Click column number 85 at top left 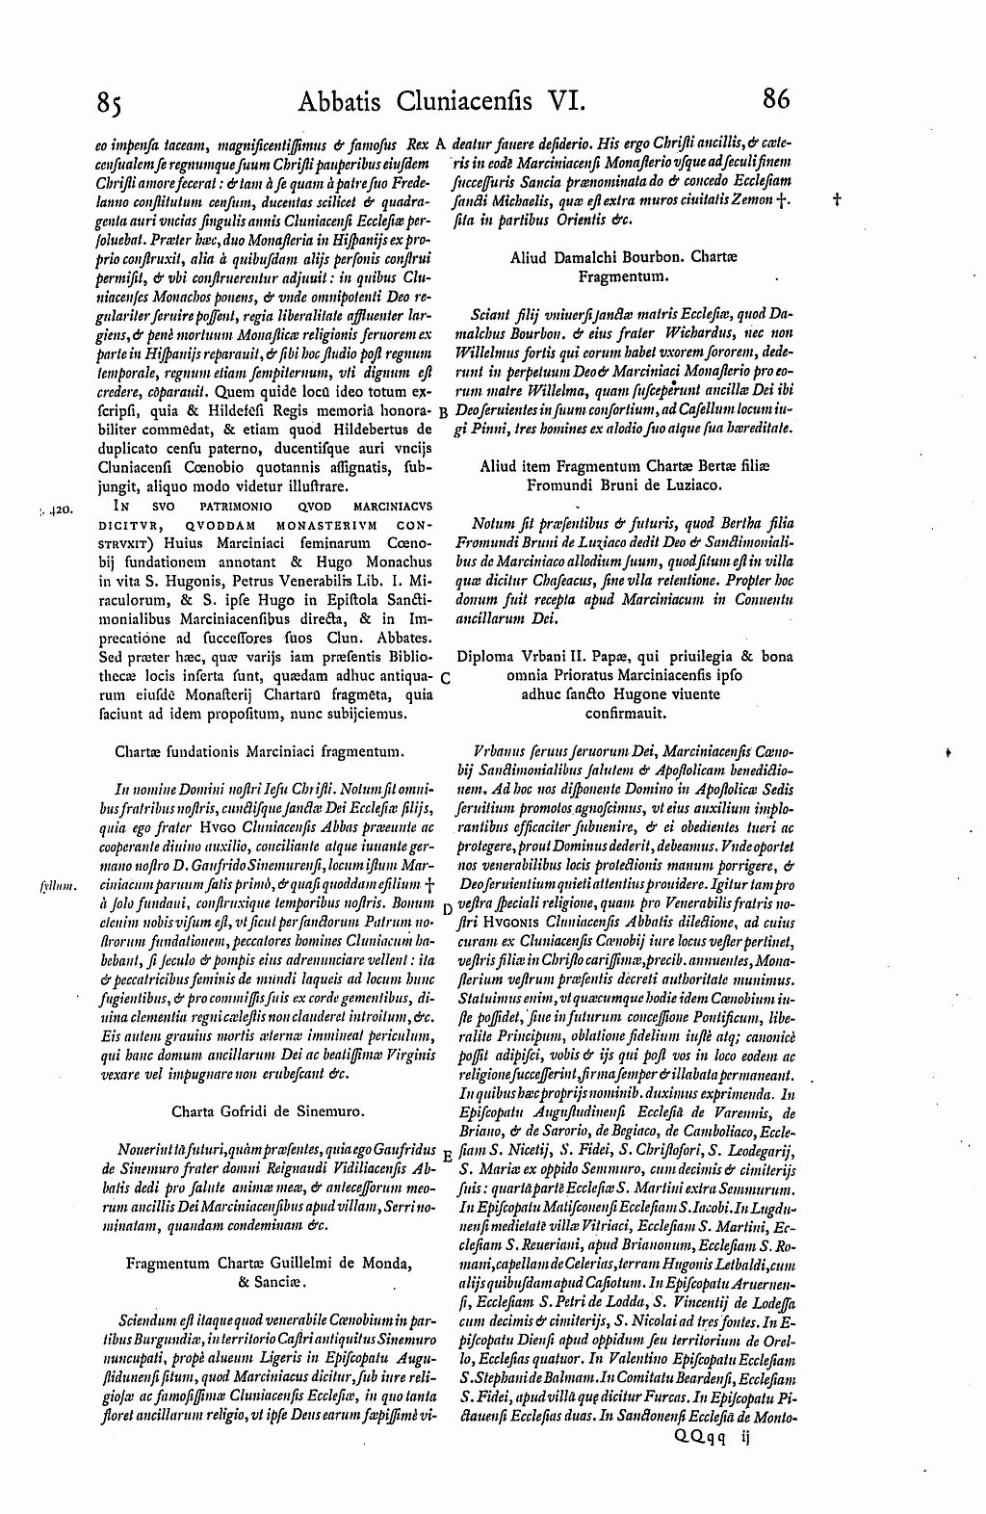tap(107, 102)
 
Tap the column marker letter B tap(442, 412)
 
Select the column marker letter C tap(443, 678)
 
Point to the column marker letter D tap(446, 908)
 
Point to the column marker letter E tap(445, 1156)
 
